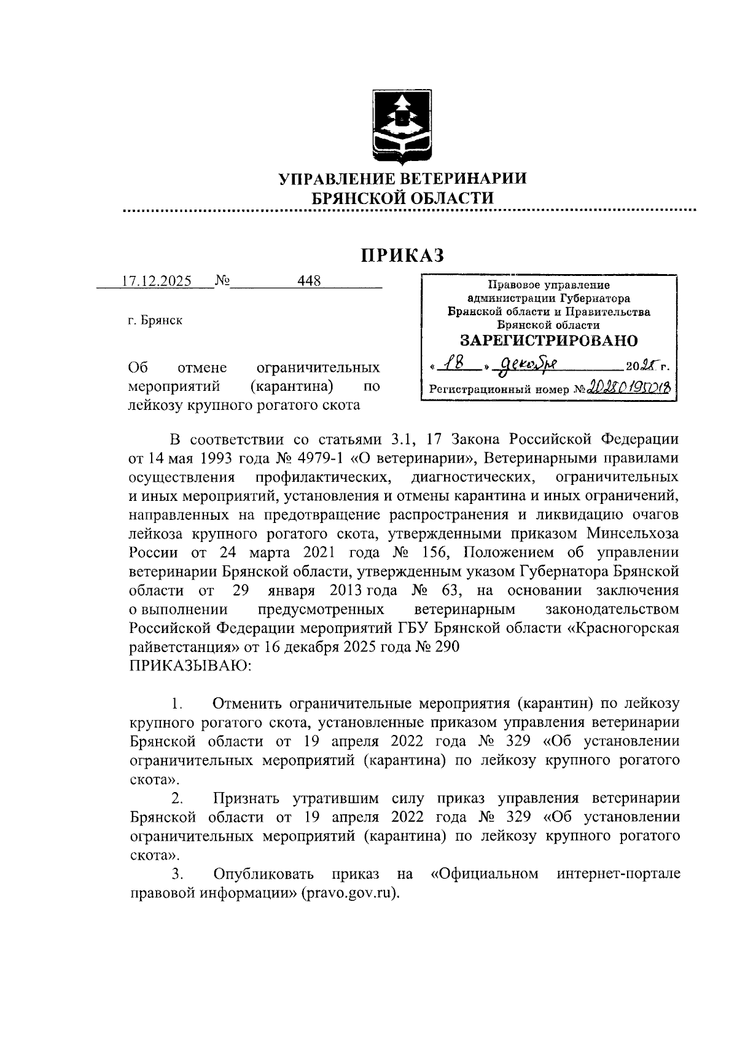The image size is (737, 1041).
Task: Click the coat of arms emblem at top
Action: click(403, 128)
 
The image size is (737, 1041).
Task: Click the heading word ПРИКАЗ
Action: click(402, 256)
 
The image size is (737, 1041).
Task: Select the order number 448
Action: click(309, 281)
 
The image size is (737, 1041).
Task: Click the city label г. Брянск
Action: click(155, 321)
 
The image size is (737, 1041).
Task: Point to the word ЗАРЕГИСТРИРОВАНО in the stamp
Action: click(548, 340)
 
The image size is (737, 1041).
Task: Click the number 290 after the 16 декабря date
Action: click(446, 647)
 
